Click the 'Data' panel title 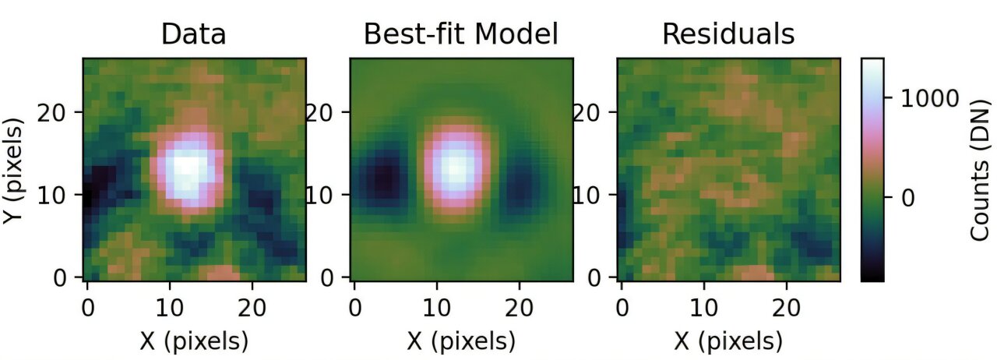(x=193, y=34)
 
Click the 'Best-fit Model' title (x=461, y=34)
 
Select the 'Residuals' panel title (x=728, y=34)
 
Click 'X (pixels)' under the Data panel (x=193, y=341)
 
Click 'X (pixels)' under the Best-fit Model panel (x=461, y=341)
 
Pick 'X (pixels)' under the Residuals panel (x=728, y=341)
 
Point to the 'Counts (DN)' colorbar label (x=981, y=168)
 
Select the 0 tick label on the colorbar (x=908, y=198)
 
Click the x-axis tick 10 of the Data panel (x=169, y=307)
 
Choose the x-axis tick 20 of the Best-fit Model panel (x=520, y=307)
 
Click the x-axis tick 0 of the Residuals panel (x=622, y=307)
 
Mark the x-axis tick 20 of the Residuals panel (x=787, y=307)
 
